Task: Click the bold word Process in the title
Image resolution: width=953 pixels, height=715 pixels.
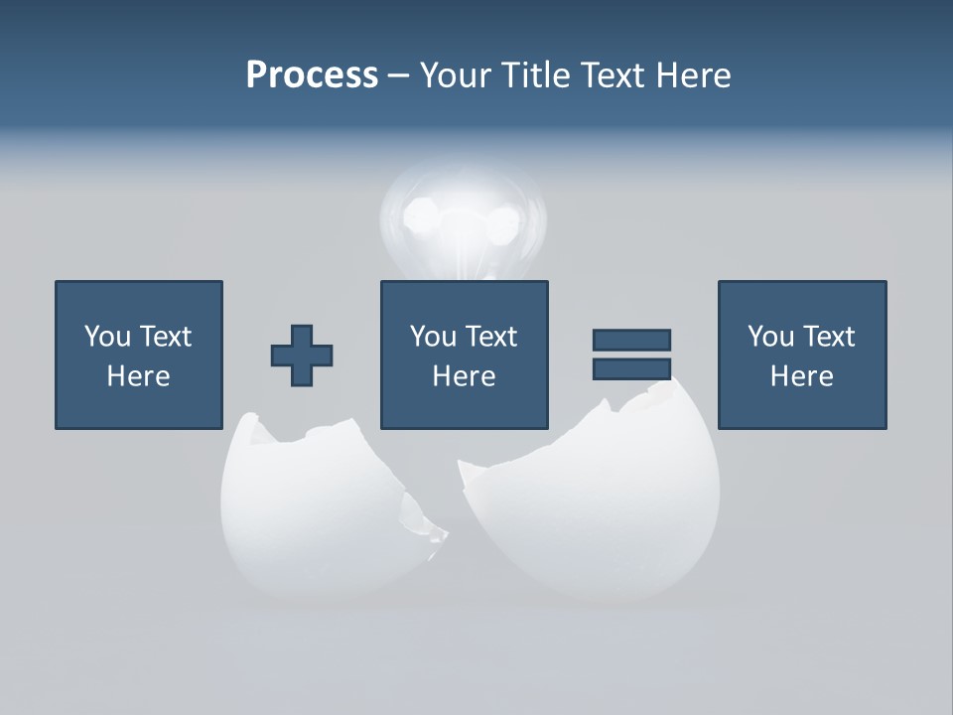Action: point(312,75)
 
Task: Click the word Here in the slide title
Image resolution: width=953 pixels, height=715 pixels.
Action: point(696,75)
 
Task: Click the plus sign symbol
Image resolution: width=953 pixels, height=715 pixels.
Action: point(302,356)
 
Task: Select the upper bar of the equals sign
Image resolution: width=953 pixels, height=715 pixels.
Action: point(631,340)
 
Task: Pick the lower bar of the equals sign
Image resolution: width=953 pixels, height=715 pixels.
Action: point(631,368)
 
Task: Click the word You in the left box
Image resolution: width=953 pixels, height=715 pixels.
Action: point(107,337)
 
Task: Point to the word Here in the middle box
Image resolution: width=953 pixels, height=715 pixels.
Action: point(464,376)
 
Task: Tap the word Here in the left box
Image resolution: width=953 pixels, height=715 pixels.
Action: point(138,376)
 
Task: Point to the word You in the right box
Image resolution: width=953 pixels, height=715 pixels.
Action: point(770,337)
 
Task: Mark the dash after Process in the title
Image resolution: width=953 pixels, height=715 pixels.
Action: point(398,75)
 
